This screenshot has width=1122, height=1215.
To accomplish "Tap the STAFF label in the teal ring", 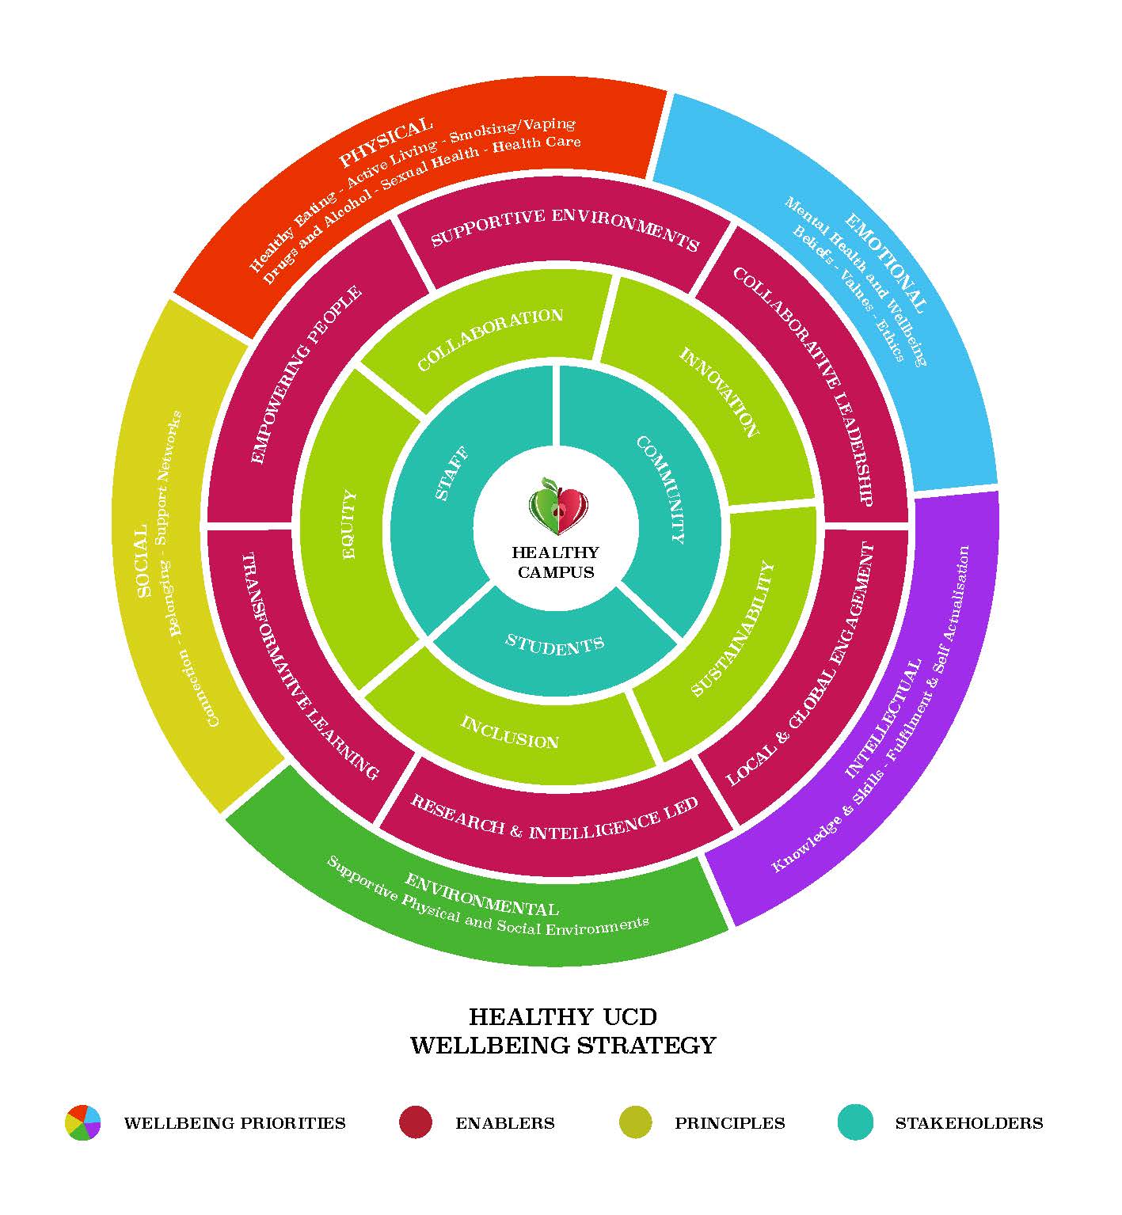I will click(452, 473).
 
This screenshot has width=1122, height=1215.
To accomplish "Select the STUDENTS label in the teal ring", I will click(554, 644).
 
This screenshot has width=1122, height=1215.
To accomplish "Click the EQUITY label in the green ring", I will click(348, 526).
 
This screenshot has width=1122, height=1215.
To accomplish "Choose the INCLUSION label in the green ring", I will click(510, 732).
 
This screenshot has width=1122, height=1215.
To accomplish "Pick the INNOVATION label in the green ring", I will click(718, 391).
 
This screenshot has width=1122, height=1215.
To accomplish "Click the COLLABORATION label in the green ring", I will click(490, 339).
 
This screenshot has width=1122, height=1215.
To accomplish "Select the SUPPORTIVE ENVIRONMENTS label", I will click(565, 229).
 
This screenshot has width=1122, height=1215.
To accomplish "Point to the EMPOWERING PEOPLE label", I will click(306, 373).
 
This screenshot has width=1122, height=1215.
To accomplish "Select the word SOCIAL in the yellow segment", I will click(142, 561).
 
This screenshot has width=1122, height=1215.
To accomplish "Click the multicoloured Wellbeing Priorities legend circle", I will click(83, 1122).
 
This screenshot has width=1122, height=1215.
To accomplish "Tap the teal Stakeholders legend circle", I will click(855, 1122).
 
